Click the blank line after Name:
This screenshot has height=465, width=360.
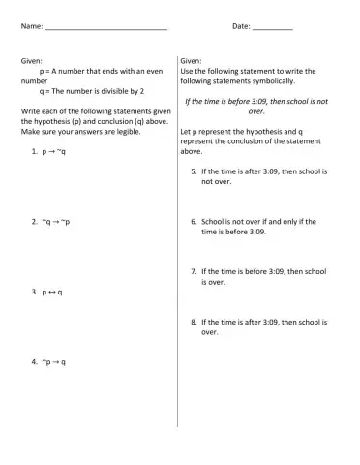(106, 27)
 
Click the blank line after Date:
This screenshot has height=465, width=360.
(272, 27)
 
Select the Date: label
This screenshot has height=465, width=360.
(241, 26)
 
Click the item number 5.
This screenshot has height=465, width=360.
(194, 170)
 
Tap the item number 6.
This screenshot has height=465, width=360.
(194, 221)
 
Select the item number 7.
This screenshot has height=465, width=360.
(194, 271)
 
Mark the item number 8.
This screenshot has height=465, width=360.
(194, 322)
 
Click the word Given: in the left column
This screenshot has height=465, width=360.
(32, 61)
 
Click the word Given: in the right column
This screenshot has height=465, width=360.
(191, 61)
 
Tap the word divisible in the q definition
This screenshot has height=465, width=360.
(113, 91)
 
